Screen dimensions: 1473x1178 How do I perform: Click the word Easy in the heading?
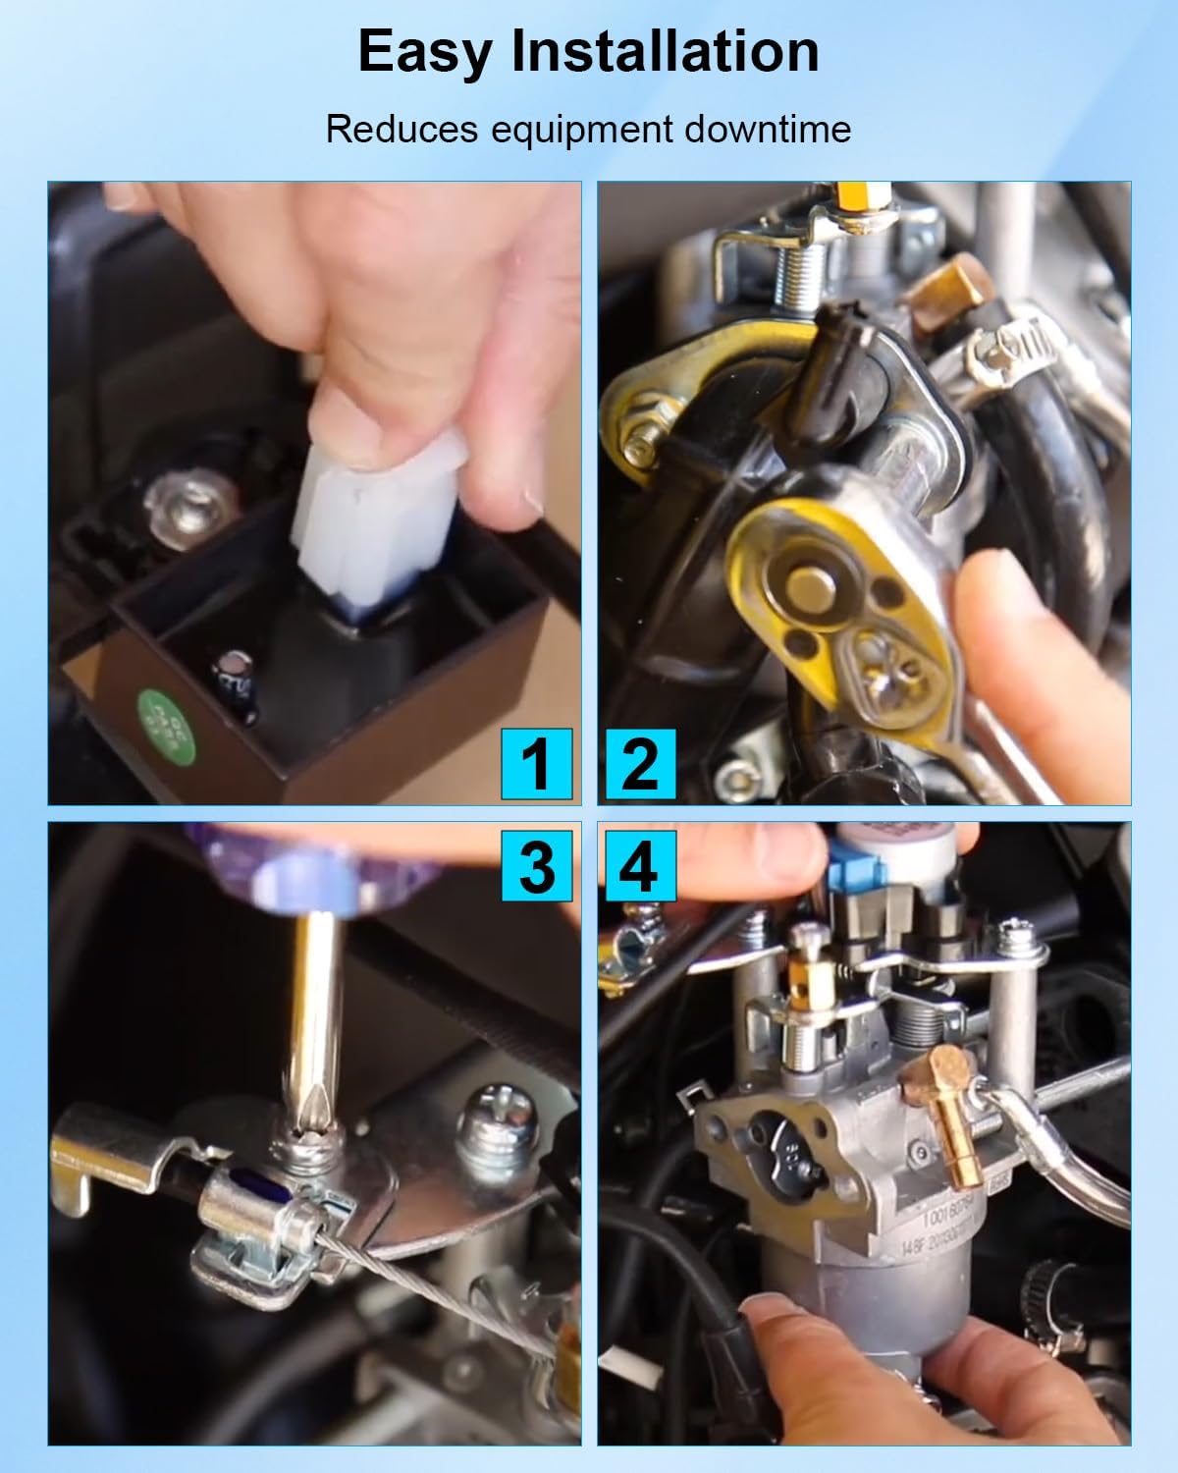425,51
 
